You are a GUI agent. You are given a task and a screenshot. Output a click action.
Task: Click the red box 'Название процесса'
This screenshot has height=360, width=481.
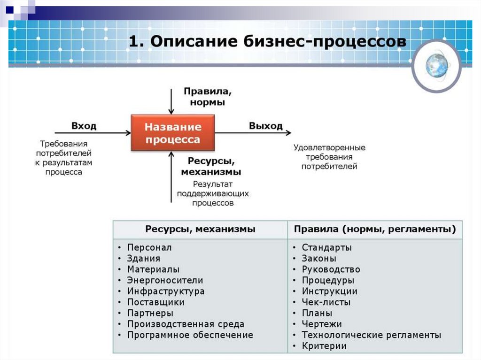(172, 133)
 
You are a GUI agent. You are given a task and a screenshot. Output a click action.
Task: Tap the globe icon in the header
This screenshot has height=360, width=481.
(436, 65)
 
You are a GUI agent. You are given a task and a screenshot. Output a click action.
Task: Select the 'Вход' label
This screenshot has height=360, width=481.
(84, 126)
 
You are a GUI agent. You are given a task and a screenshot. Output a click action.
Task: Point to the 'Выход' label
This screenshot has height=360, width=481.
(266, 126)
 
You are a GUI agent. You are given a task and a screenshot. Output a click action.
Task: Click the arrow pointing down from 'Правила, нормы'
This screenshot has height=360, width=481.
(171, 101)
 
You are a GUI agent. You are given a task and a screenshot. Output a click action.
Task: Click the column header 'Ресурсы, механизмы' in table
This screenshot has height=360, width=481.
(200, 230)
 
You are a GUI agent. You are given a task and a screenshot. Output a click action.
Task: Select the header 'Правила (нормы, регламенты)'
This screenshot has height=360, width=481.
(375, 230)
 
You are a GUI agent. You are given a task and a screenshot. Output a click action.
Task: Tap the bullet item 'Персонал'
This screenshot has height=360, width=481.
(149, 247)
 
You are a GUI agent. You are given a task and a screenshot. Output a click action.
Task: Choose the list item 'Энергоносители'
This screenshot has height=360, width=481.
(165, 281)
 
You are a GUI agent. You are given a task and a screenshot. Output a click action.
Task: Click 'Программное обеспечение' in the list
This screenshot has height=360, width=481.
(190, 335)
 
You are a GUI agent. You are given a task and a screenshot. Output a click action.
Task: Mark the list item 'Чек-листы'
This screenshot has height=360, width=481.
(326, 302)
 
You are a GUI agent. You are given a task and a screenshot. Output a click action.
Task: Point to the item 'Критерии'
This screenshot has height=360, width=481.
(324, 346)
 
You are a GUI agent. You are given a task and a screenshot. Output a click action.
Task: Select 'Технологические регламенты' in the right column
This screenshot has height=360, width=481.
(371, 335)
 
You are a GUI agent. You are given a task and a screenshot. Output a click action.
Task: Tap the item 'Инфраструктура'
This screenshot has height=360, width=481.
(165, 291)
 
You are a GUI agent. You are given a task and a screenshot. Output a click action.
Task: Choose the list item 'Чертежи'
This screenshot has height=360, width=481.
(322, 324)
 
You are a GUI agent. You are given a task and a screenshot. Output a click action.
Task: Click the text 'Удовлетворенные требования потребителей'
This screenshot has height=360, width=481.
(329, 157)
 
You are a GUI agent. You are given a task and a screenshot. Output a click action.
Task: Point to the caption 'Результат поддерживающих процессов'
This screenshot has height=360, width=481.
(213, 194)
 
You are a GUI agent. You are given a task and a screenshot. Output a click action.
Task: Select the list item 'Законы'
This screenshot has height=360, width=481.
(319, 259)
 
